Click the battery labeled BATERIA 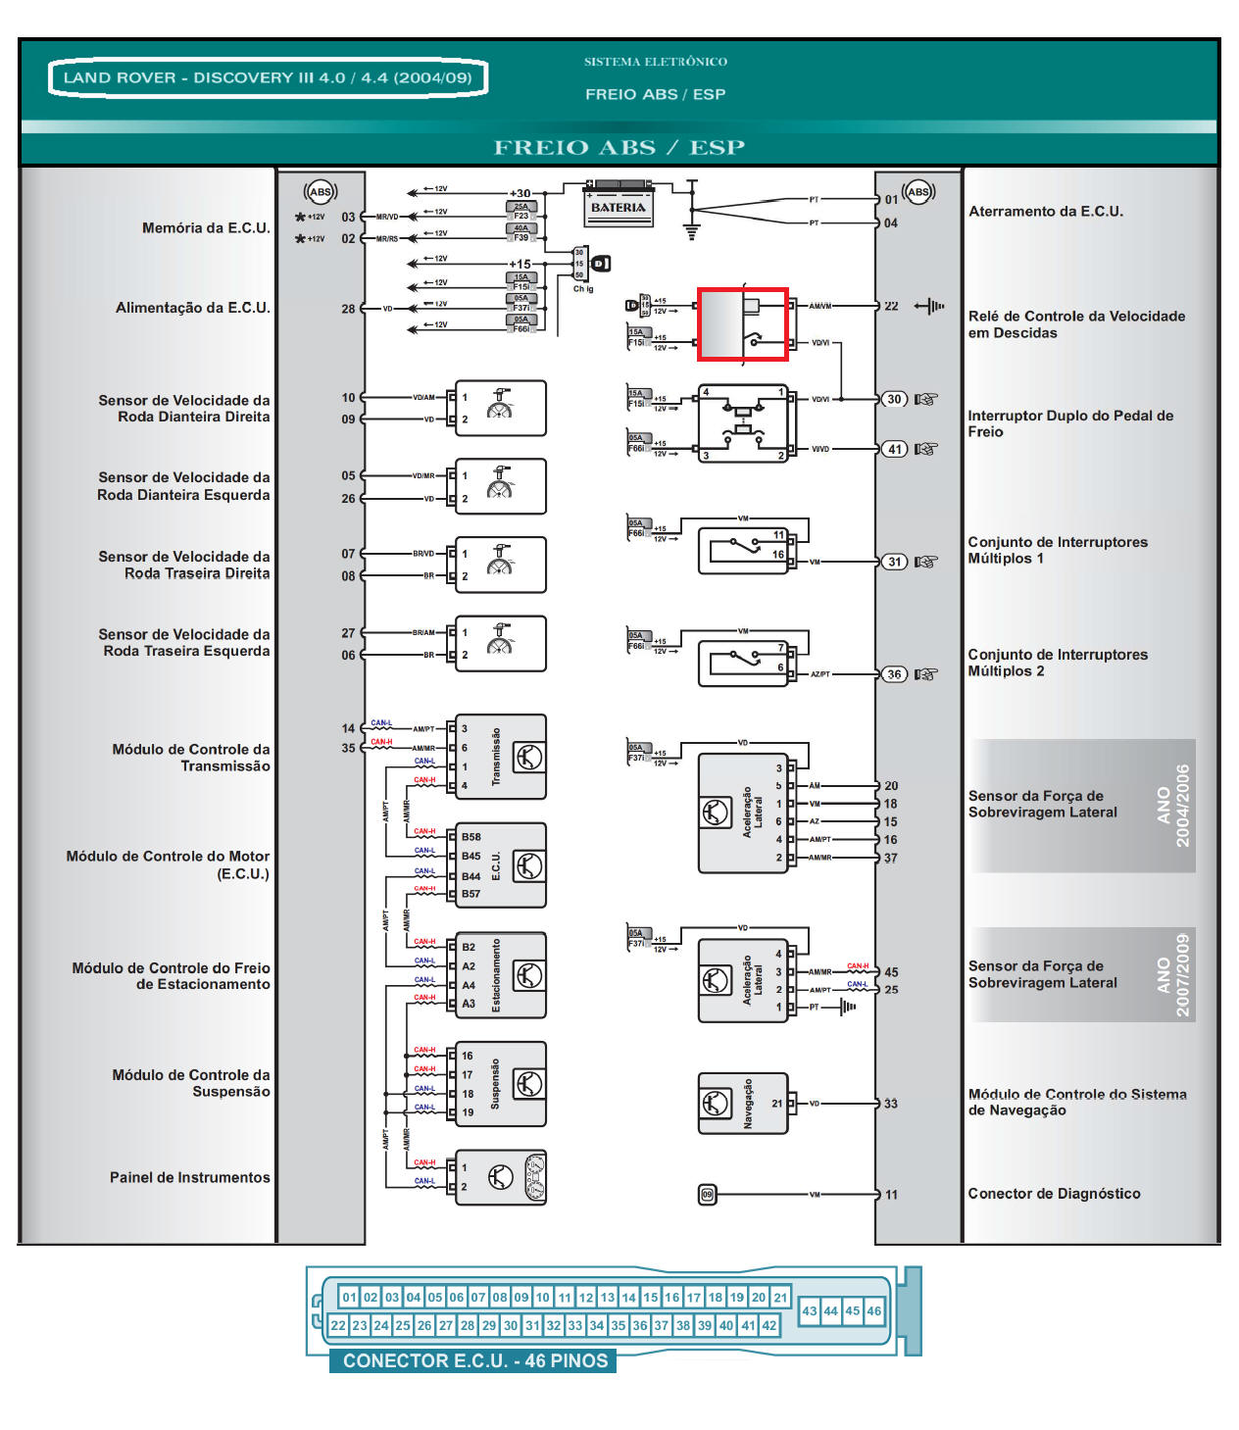click(619, 204)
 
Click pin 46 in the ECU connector click(873, 1310)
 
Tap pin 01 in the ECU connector click(349, 1297)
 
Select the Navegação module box click(742, 1103)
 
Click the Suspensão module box click(500, 1083)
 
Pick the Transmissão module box click(500, 757)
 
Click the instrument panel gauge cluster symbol click(535, 1177)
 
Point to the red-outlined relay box click(742, 323)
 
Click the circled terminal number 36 click(894, 674)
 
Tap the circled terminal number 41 click(894, 449)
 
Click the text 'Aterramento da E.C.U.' click(1045, 212)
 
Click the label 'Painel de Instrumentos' click(189, 1177)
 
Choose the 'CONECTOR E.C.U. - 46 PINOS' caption click(474, 1360)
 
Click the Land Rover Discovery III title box click(268, 77)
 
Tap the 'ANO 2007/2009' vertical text click(1172, 974)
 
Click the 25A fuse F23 click(520, 211)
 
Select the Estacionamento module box click(500, 974)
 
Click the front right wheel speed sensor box click(500, 408)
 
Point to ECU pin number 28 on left click(348, 309)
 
